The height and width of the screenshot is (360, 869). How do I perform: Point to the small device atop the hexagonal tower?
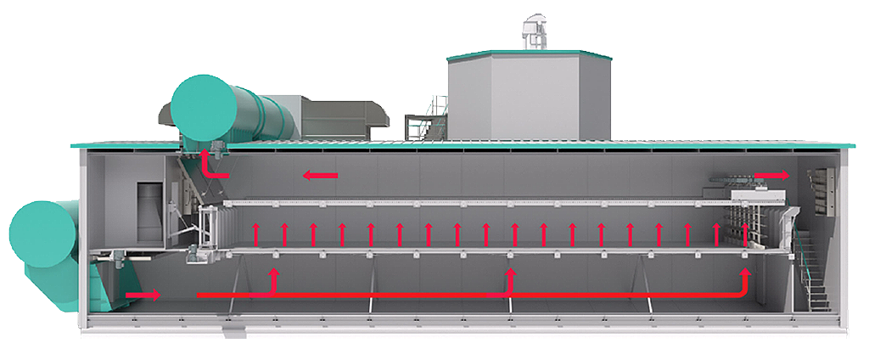[535, 30]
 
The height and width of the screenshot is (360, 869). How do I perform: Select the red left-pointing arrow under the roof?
[321, 176]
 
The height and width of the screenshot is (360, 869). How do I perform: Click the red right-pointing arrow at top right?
[771, 175]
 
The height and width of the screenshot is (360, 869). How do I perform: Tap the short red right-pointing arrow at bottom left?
[143, 295]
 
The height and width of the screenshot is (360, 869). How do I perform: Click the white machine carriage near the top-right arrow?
[760, 208]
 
